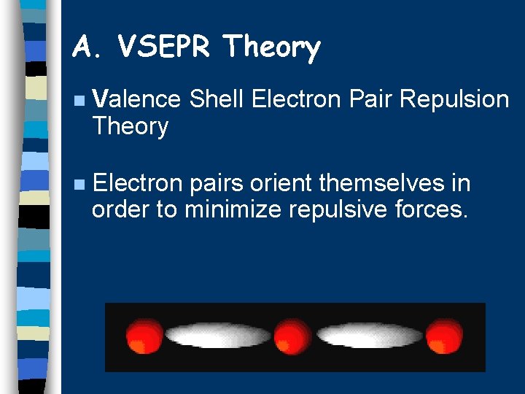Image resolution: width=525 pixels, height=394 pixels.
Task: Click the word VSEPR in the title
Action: [164, 47]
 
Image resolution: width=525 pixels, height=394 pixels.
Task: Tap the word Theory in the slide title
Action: [273, 48]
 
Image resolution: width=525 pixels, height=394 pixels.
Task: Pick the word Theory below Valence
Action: [130, 126]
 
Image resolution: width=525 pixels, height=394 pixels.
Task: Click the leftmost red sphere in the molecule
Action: [144, 336]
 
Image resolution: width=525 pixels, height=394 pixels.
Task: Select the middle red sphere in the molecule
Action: [292, 336]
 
